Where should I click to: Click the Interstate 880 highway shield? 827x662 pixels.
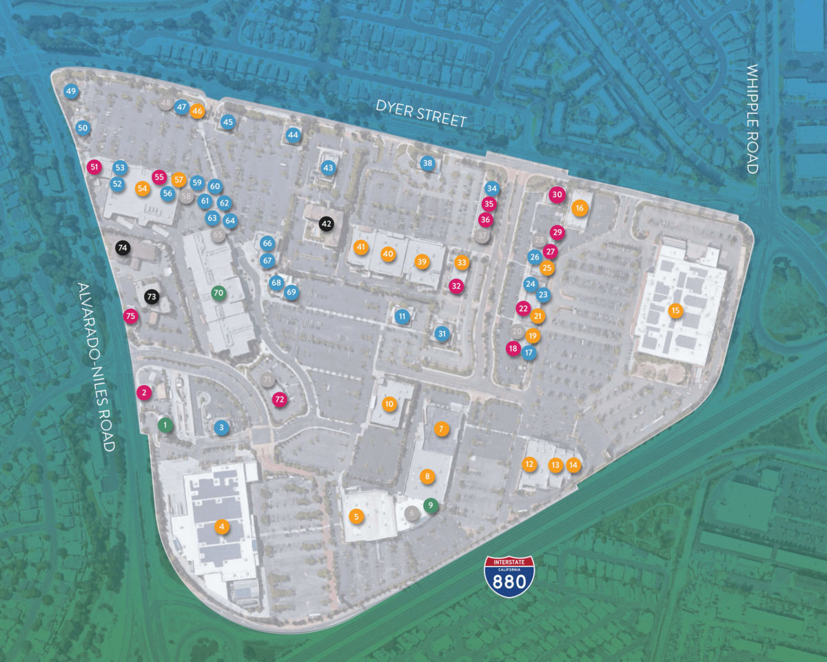tap(509, 576)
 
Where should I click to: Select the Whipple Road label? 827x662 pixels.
tap(753, 119)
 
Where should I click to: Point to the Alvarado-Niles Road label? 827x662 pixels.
tap(96, 367)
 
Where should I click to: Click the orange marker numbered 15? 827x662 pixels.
tap(675, 311)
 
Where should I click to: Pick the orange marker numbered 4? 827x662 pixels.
tap(221, 527)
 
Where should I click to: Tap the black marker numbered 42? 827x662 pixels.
tap(326, 223)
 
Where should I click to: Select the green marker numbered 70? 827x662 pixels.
tap(218, 292)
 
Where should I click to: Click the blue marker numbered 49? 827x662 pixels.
tap(71, 91)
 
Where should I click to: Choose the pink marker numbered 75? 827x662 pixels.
tap(130, 316)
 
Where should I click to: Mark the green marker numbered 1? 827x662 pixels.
tap(165, 424)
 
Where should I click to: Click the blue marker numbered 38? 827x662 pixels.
tap(428, 163)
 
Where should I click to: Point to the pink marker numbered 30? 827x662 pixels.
tap(557, 195)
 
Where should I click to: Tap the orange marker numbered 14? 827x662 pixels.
tap(573, 465)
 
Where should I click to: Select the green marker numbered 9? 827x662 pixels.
tap(431, 505)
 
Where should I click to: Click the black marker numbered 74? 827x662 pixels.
tap(123, 248)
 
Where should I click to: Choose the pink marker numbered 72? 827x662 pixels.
tap(279, 399)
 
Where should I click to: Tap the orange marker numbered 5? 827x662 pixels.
tap(356, 516)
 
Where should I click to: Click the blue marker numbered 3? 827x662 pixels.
tap(221, 428)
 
